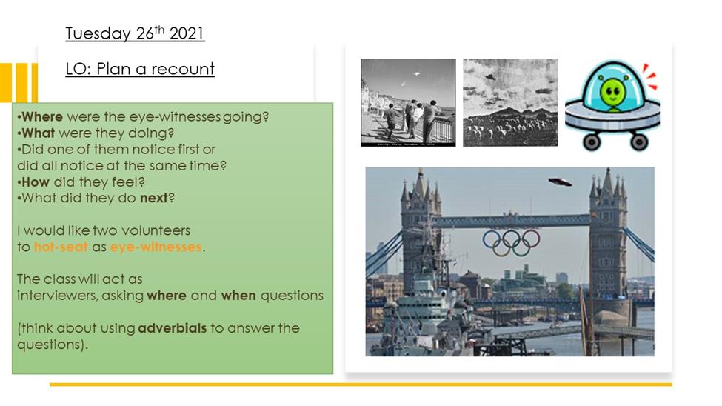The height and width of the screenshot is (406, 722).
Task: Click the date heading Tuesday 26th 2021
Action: pyautogui.click(x=135, y=33)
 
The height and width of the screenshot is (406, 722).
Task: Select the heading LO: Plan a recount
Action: pyautogui.click(x=140, y=69)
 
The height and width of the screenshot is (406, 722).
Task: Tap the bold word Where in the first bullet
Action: pyautogui.click(x=42, y=116)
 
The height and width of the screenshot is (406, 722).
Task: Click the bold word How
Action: pyautogui.click(x=36, y=182)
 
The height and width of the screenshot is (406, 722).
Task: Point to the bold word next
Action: pyautogui.click(x=154, y=198)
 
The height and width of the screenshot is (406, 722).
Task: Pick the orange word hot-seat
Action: pyautogui.click(x=61, y=247)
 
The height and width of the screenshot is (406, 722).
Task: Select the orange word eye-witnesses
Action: pyautogui.click(x=156, y=247)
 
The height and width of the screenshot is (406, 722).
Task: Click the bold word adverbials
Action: pyautogui.click(x=173, y=328)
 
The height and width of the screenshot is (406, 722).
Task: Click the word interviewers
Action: pyautogui.click(x=57, y=296)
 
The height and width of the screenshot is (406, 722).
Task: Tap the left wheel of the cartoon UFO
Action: pyautogui.click(x=590, y=142)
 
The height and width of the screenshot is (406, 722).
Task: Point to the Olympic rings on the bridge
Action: pyautogui.click(x=511, y=242)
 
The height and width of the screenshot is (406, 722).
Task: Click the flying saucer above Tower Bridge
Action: pyautogui.click(x=560, y=182)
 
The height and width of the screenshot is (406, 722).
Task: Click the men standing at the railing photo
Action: pyautogui.click(x=409, y=103)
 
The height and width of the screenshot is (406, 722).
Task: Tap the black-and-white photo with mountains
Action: pyautogui.click(x=510, y=103)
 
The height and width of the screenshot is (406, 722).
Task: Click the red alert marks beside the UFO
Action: pyautogui.click(x=650, y=76)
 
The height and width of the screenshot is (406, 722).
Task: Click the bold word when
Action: pyautogui.click(x=238, y=296)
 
